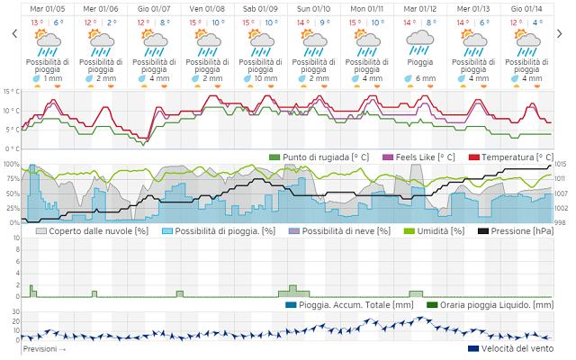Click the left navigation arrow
13,33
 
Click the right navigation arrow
562,33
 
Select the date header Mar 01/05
46,8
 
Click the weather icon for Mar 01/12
418,38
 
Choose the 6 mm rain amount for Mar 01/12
423,78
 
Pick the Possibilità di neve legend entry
346,231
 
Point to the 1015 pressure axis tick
560,164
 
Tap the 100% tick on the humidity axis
12,164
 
